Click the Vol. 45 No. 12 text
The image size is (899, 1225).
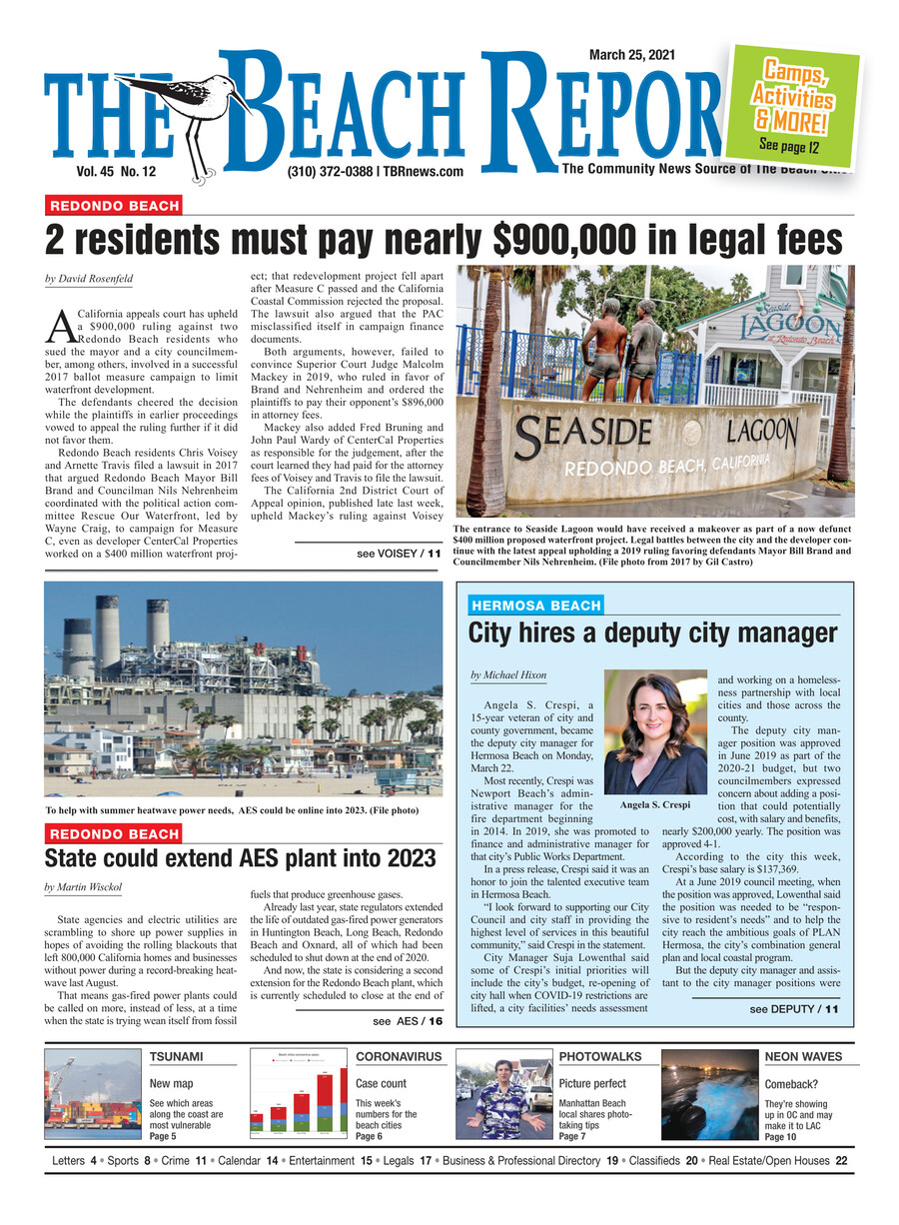point(122,172)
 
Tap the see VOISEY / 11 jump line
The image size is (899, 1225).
point(398,553)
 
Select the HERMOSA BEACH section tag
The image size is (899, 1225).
point(535,606)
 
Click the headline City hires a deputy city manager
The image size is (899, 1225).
point(652,633)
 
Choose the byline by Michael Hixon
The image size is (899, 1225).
point(507,676)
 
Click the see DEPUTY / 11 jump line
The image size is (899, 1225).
point(793,1009)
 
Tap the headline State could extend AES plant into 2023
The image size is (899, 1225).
point(240,859)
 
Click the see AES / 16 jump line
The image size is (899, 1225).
point(407,1022)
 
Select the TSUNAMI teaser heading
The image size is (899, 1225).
point(176,1056)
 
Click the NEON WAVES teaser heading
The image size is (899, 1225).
point(802,1056)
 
